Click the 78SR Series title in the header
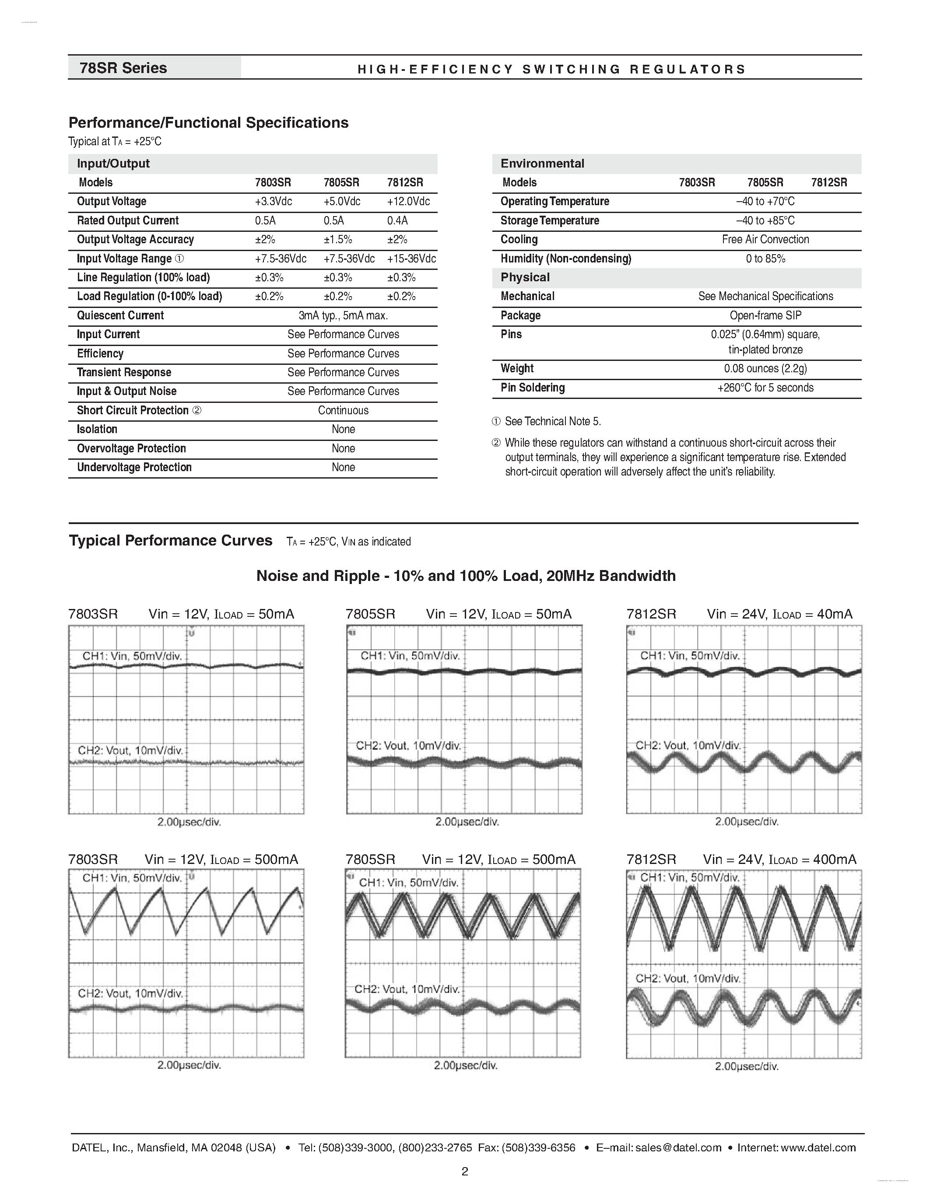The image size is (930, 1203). tap(123, 68)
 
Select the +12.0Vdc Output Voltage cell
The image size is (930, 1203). tap(408, 202)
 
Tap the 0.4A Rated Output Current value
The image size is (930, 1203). tap(397, 220)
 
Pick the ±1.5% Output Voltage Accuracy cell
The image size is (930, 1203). tap(338, 240)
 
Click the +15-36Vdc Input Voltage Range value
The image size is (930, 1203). tap(411, 259)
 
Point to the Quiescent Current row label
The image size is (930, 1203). tap(120, 315)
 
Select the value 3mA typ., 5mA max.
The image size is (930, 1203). tap(343, 315)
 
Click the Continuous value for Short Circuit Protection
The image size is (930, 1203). tap(343, 410)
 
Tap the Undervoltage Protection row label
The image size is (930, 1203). tap(134, 468)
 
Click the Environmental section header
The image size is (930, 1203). tap(542, 164)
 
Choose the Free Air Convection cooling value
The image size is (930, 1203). tap(765, 240)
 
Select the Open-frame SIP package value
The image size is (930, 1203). tap(765, 315)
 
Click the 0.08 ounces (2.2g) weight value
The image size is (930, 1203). tap(765, 368)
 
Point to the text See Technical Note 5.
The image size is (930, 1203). tap(553, 421)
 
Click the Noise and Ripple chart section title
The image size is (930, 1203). tap(466, 576)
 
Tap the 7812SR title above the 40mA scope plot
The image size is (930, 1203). tap(651, 614)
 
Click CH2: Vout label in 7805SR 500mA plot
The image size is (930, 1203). tap(407, 989)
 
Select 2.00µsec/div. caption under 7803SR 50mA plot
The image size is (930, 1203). tap(189, 822)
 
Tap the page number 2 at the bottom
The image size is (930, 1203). tap(464, 1172)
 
